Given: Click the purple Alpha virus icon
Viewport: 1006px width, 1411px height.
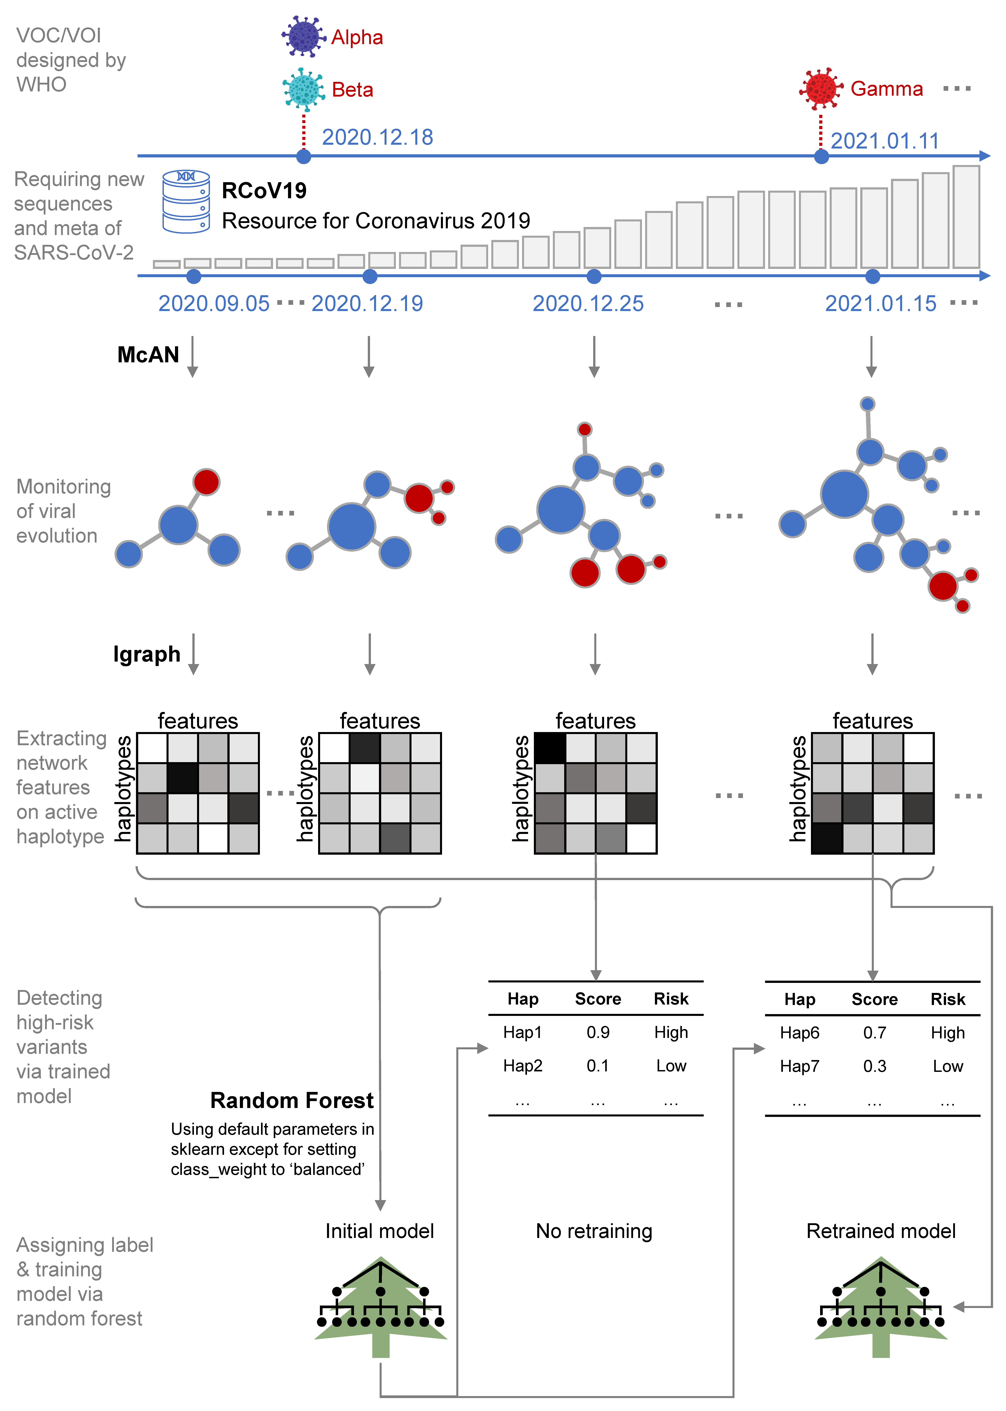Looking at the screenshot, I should coord(304,37).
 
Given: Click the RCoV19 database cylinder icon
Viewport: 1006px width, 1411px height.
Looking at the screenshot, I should coord(186,202).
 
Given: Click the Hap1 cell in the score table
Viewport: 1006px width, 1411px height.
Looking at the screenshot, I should coord(522,1032).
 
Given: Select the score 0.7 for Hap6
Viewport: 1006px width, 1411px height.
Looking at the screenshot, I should coord(874,1033).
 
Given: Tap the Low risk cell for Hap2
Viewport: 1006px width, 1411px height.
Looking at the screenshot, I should coord(671,1066).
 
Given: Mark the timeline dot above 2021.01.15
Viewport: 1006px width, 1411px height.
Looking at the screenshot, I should coord(872,276).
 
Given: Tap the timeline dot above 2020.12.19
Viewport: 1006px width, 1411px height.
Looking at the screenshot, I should coord(370,276).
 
